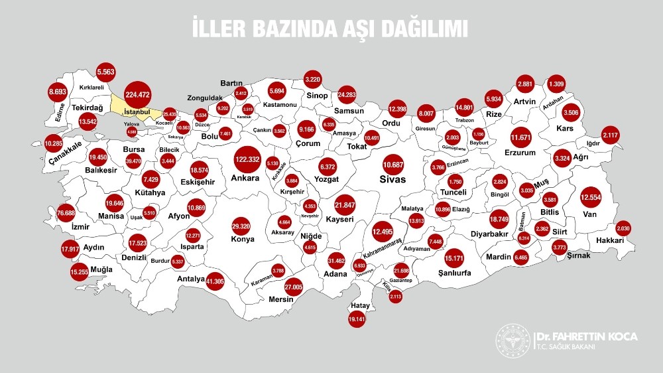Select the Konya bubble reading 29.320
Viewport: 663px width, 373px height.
(240, 226)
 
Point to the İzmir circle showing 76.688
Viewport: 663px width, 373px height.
(66, 213)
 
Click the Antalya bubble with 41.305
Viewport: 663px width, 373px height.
(215, 282)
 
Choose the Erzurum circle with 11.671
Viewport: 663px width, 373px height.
(521, 137)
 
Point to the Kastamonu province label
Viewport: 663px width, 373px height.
(276, 106)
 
